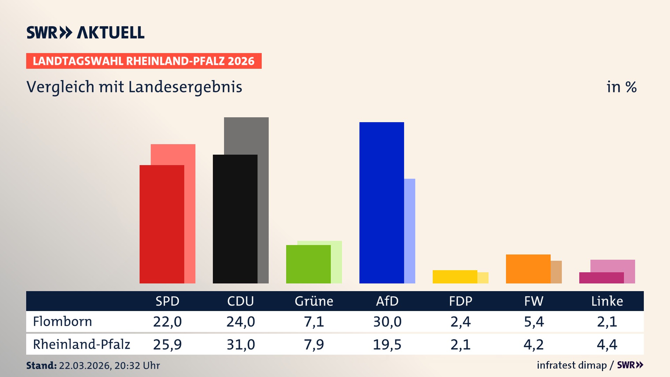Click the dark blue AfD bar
point(381,202)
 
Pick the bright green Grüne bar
point(308,264)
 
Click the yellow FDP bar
point(455,276)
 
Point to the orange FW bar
point(528,269)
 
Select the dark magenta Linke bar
point(601,278)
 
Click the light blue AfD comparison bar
point(410,230)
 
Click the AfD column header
point(387,301)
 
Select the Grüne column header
point(314,301)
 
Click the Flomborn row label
point(62,321)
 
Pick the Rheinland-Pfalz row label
point(81,345)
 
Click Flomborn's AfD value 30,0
point(387,321)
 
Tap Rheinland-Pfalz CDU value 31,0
point(240,345)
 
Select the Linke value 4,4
point(607,345)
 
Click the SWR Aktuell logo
point(85,32)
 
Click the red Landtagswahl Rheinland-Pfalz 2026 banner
point(144,61)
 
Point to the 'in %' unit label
point(621,87)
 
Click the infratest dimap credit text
point(572,365)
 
